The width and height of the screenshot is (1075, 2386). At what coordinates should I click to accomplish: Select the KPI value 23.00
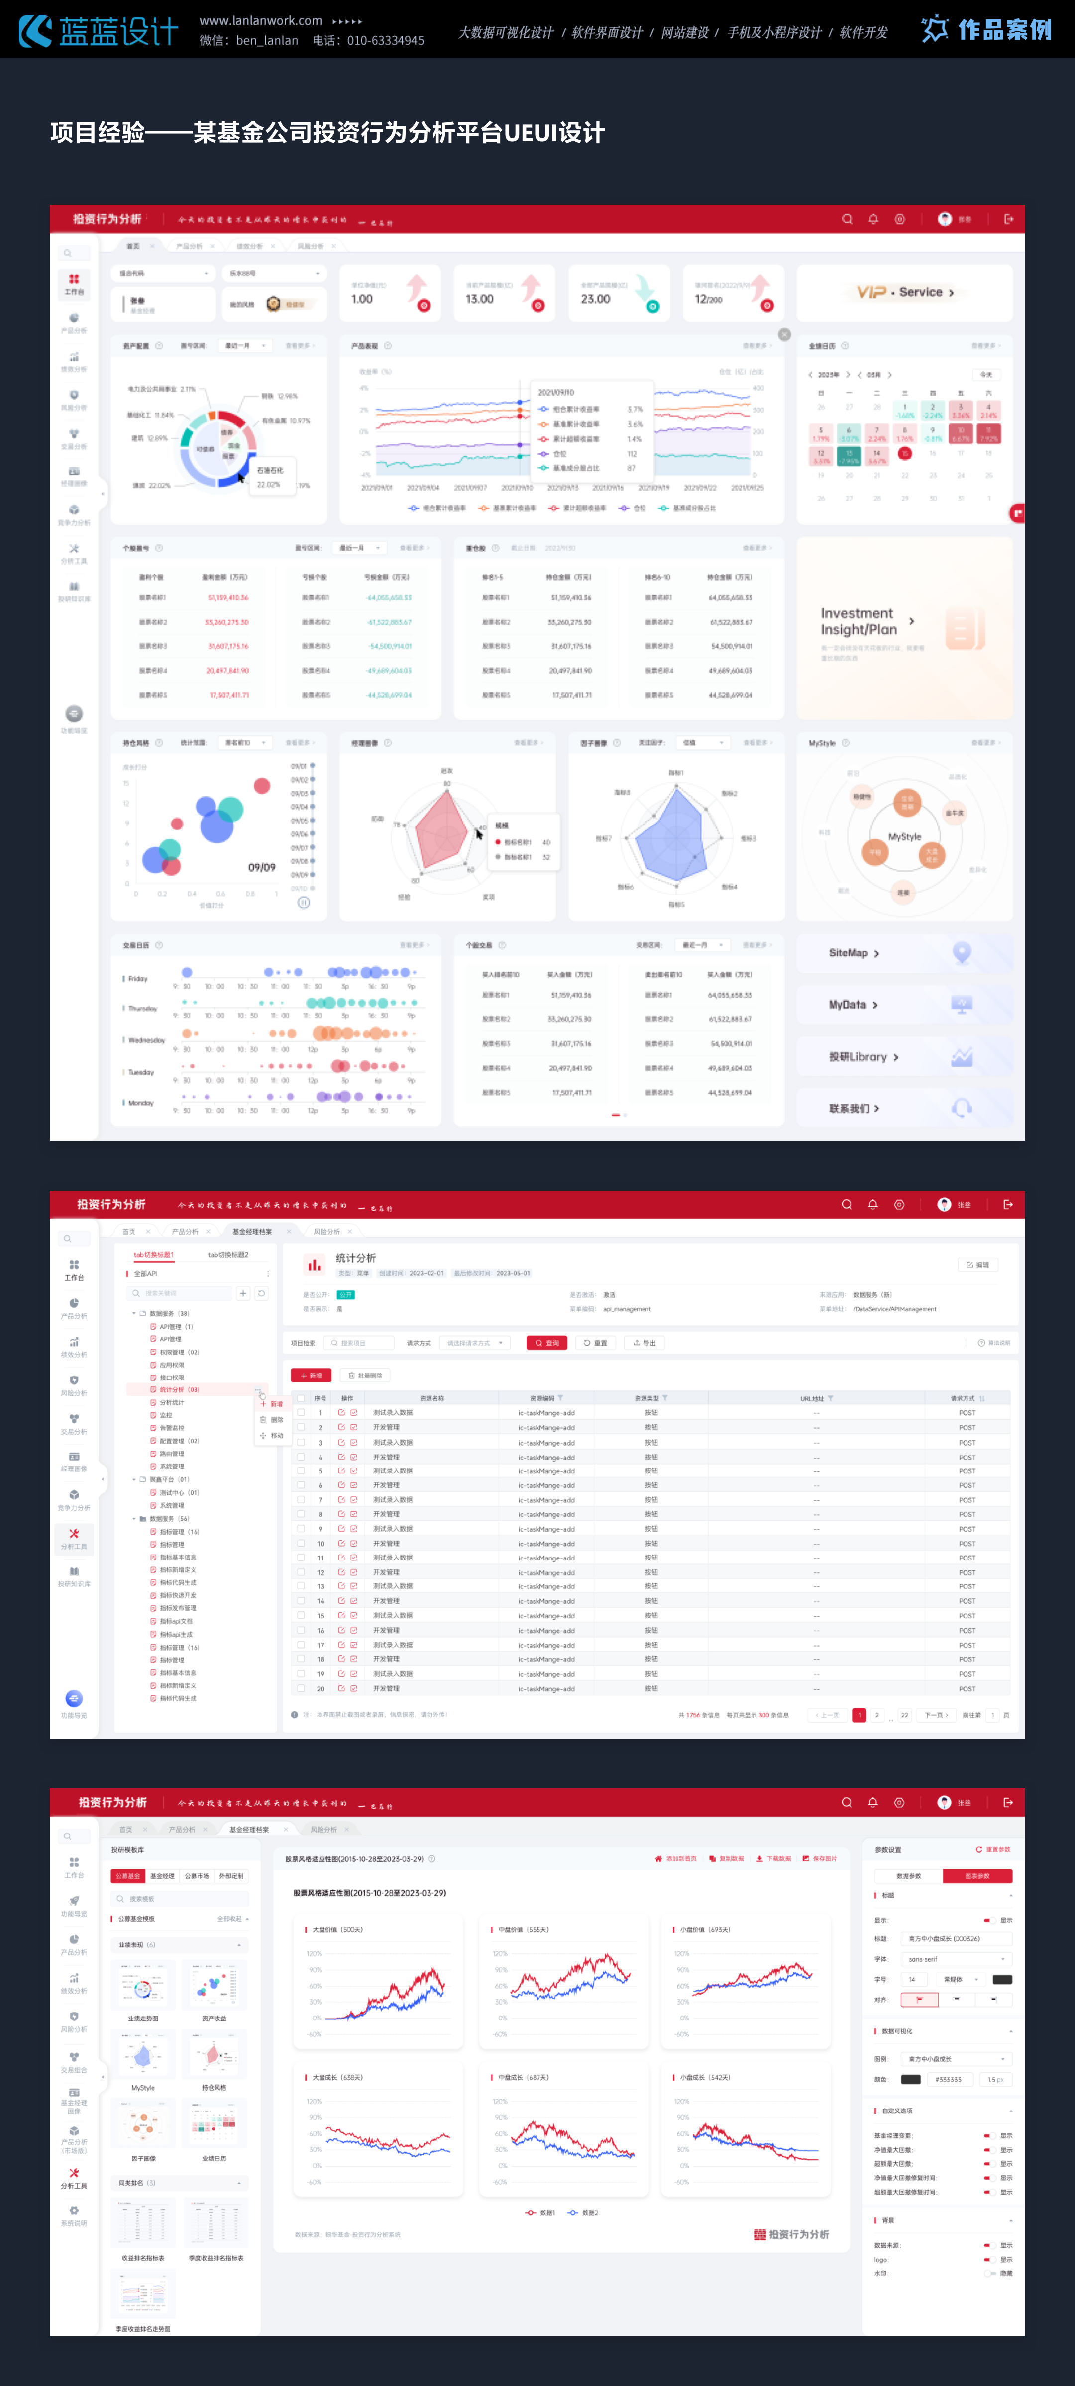[x=595, y=299]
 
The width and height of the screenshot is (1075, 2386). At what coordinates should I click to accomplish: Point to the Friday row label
[x=138, y=978]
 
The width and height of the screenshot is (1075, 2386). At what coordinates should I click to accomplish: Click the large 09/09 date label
[x=261, y=868]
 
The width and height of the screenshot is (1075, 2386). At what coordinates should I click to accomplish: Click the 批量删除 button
[x=366, y=1376]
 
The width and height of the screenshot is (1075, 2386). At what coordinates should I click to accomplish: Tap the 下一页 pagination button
[x=935, y=1715]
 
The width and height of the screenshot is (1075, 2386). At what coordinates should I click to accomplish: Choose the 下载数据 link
[x=774, y=1859]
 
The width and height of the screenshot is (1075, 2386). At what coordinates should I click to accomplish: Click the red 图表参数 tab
[x=977, y=1876]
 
